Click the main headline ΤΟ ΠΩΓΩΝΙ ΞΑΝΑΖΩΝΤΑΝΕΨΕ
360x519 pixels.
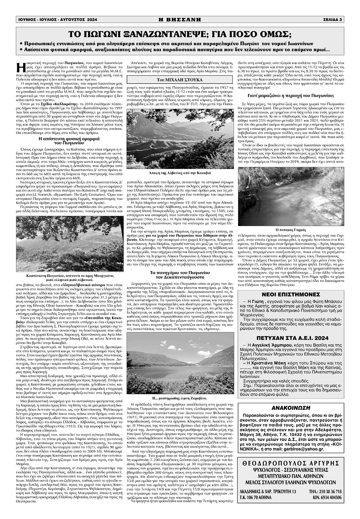point(180,33)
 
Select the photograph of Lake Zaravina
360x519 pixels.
point(180,365)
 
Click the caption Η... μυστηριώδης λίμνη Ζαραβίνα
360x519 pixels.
point(180,399)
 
